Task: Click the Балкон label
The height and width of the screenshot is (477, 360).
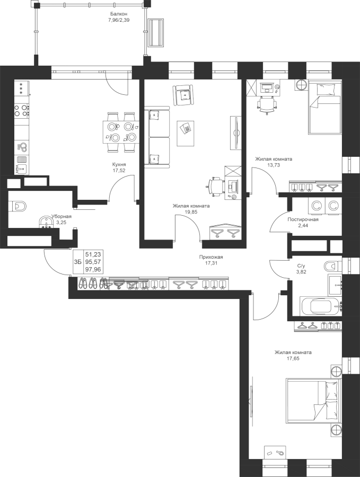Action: coord(118,14)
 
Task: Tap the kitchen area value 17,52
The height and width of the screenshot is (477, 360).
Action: coord(119,171)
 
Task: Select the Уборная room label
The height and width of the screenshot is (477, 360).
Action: coord(61,216)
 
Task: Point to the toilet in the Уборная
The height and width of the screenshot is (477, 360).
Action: coord(17,207)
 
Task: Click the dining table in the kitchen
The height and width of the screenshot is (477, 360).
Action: coord(121,132)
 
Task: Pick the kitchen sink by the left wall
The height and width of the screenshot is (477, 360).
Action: coord(21,168)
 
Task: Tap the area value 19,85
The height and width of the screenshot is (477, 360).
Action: coord(191,212)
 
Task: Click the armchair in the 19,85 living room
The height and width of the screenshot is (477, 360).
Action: coord(183,95)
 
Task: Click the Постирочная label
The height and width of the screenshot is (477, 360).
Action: coord(303,219)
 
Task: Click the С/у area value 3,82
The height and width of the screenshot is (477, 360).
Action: coord(302,272)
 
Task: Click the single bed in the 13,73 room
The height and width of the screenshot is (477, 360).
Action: coord(324,107)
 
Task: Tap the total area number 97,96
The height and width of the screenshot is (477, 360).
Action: coord(93,269)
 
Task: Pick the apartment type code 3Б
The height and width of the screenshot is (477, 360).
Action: coord(77,262)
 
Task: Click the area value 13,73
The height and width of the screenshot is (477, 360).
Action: coord(274,165)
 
